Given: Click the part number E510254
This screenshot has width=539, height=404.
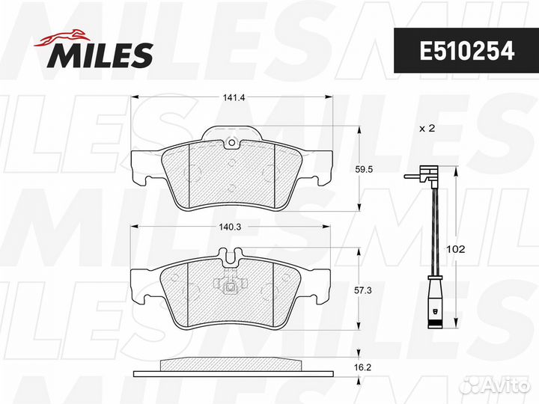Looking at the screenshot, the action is [467, 51].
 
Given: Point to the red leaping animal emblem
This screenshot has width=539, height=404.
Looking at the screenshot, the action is [63, 37].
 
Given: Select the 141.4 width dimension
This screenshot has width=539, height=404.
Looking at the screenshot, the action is [234, 97].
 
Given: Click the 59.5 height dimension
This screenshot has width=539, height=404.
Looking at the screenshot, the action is [363, 169].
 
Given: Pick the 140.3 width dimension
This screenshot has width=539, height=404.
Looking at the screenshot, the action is [230, 227].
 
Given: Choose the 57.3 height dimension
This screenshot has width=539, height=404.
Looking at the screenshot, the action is [363, 290].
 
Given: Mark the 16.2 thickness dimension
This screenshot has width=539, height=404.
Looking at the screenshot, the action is [362, 367].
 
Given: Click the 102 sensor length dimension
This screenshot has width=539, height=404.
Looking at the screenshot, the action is [455, 249].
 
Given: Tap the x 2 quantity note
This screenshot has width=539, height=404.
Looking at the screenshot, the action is [427, 129].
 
